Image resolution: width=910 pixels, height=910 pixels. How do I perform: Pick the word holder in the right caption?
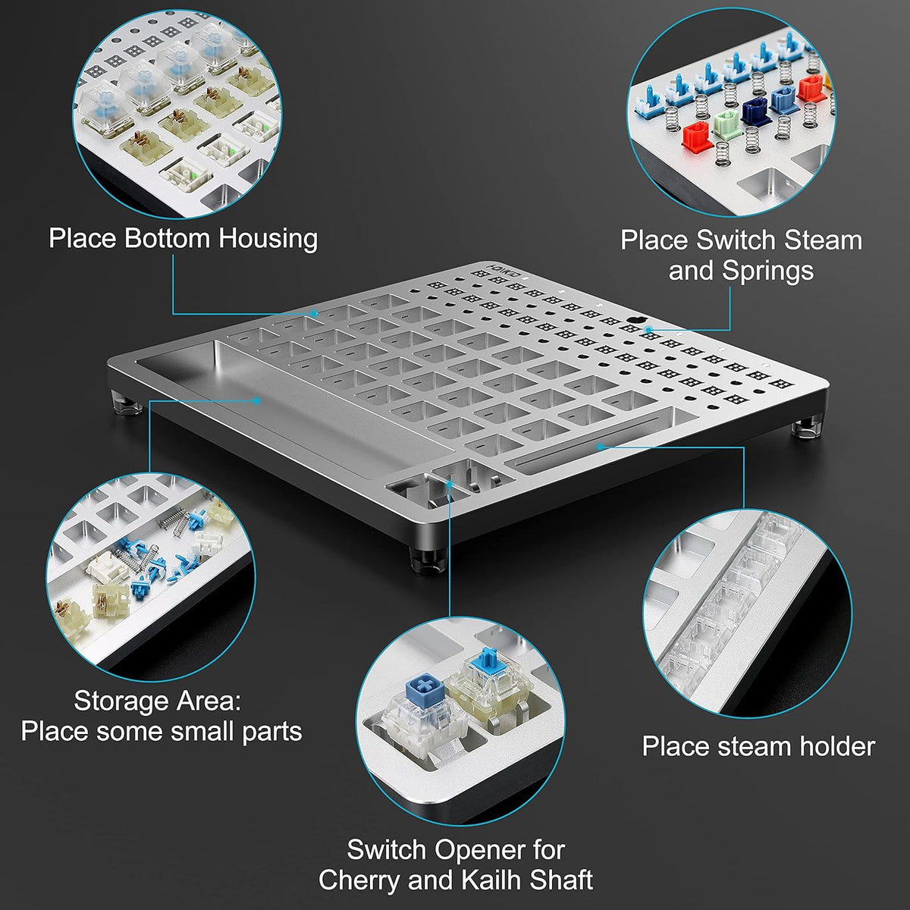point(836,747)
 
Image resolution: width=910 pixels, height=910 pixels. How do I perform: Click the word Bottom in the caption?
point(167,238)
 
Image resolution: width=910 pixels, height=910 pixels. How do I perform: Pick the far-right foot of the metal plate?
point(805,428)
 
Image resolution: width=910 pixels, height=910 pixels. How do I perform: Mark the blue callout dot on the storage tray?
point(256,401)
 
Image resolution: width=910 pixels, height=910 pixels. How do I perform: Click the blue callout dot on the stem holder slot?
point(601,447)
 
